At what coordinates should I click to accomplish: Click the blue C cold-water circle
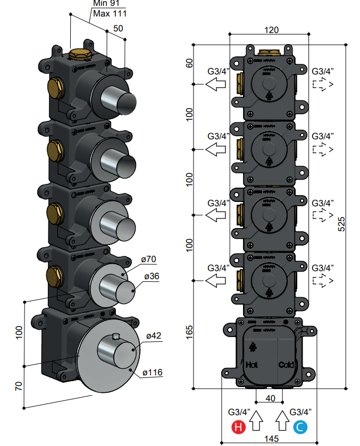300,426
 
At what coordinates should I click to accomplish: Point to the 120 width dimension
271,30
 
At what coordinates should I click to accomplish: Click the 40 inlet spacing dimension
270,398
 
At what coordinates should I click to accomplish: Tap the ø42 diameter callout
154,336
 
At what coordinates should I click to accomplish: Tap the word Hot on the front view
251,365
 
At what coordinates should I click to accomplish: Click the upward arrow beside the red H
256,420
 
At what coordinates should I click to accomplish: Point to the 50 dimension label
118,28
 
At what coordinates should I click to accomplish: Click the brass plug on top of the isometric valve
80,54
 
